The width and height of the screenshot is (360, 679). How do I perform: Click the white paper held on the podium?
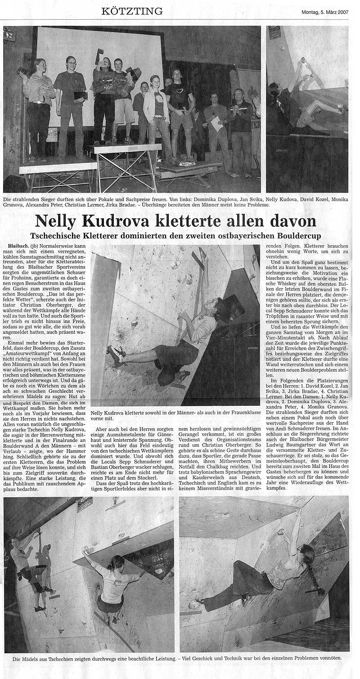coord(217,124)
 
